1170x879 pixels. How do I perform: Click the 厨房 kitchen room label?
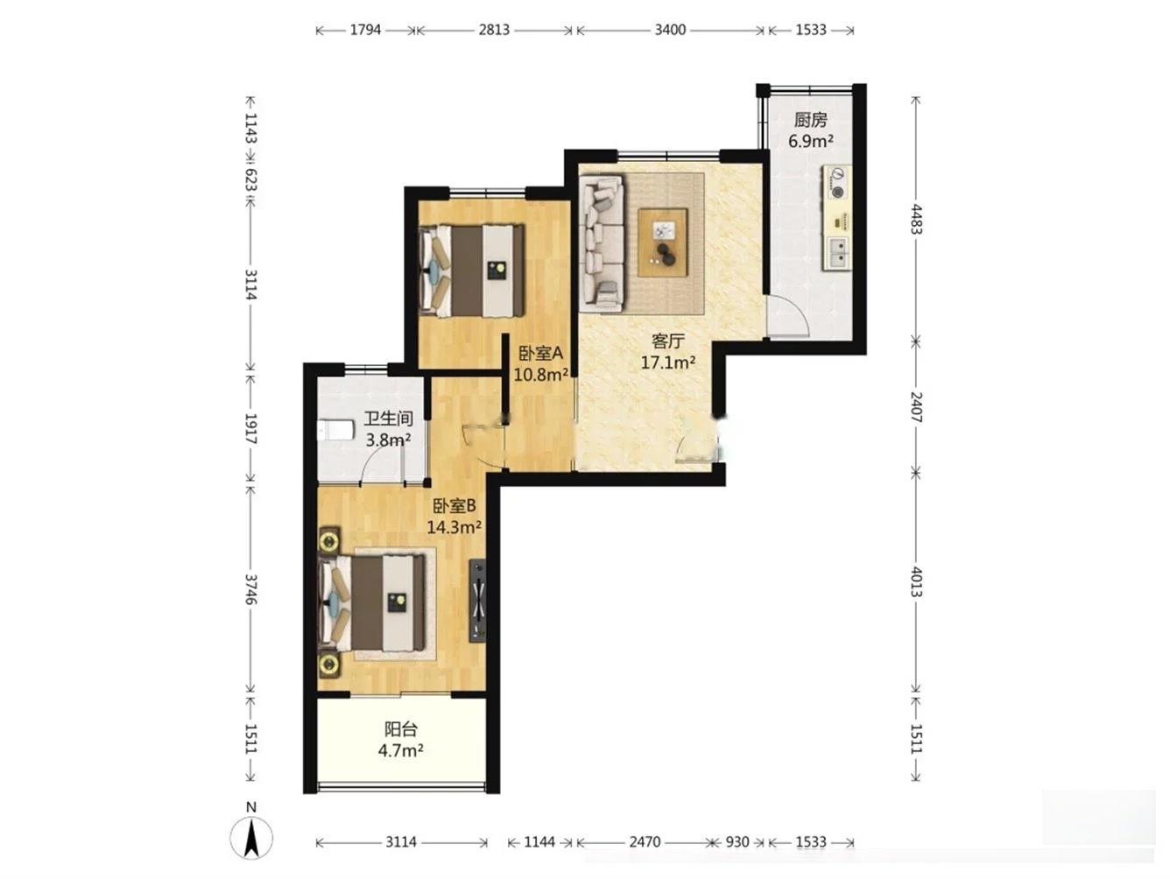(x=810, y=120)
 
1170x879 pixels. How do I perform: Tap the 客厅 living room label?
(x=667, y=341)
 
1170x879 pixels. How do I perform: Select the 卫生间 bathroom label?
(x=388, y=418)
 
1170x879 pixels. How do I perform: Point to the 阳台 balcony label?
(x=401, y=728)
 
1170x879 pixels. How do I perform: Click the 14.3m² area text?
(x=455, y=527)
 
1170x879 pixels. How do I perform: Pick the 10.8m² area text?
(x=540, y=375)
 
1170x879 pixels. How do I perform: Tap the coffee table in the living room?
(x=663, y=243)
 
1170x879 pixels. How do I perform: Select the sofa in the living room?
(x=603, y=243)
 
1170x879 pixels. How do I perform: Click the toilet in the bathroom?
(x=335, y=430)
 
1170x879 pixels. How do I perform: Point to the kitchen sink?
(x=837, y=253)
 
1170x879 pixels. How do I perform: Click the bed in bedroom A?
(x=472, y=271)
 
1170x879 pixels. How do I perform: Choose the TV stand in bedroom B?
(x=477, y=601)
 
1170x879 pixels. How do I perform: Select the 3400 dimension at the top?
(x=670, y=30)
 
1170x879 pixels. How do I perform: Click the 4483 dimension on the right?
(x=916, y=219)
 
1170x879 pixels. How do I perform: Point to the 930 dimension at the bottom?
(x=737, y=842)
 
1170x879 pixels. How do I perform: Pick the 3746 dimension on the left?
(x=251, y=589)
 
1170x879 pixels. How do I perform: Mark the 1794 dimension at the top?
(x=365, y=30)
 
